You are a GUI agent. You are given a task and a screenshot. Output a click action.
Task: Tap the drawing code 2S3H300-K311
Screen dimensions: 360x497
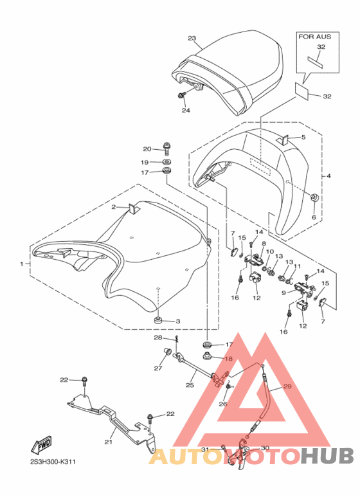click(x=53, y=462)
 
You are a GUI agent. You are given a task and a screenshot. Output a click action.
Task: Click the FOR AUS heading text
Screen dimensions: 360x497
click(x=315, y=37)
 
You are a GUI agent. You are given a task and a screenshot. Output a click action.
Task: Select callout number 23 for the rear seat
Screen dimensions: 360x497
click(x=192, y=39)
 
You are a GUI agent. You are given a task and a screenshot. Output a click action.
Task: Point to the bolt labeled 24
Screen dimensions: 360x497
click(x=182, y=95)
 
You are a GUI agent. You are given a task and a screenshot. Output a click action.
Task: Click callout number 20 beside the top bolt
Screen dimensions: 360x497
click(x=147, y=149)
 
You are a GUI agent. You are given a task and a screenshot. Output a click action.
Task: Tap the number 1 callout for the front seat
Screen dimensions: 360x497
click(x=22, y=264)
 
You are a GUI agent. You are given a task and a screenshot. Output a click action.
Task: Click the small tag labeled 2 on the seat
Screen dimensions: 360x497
click(x=133, y=209)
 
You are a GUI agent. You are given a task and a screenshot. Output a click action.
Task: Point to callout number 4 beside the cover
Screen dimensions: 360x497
click(x=328, y=176)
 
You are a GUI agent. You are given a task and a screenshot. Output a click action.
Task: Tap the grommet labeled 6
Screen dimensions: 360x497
click(x=315, y=197)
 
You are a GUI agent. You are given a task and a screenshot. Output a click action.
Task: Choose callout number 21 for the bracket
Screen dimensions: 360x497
click(x=109, y=442)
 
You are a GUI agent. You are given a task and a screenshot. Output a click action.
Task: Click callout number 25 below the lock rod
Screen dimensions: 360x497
click(x=190, y=385)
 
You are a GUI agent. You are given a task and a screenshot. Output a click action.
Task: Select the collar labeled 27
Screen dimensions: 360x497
click(x=167, y=351)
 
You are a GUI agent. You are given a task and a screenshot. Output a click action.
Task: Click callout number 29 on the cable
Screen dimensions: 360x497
click(x=287, y=386)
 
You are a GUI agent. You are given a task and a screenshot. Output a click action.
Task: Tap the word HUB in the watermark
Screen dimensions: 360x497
click(x=327, y=456)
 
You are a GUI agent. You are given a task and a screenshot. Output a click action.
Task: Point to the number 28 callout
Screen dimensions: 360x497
click(x=158, y=338)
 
